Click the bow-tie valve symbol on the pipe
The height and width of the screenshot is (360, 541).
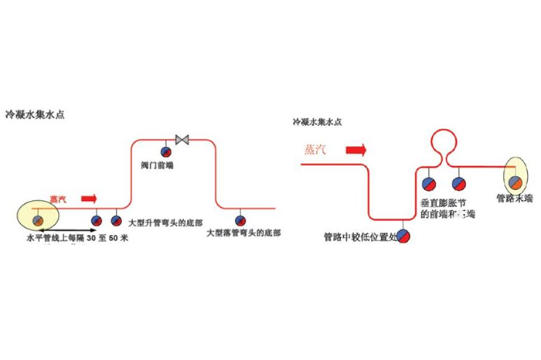[x=183, y=140]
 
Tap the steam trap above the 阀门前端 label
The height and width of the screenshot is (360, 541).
[x=165, y=151]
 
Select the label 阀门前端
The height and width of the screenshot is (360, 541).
[x=166, y=164]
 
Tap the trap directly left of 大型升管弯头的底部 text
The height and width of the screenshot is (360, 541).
[x=117, y=219]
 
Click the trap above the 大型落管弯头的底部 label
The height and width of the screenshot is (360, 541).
[x=240, y=219]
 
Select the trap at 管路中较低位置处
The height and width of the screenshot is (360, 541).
[x=403, y=234]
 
